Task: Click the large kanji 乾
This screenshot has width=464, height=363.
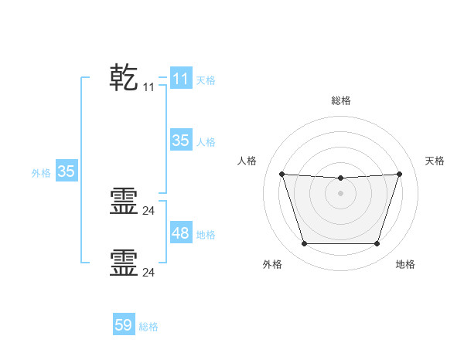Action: [x=124, y=78]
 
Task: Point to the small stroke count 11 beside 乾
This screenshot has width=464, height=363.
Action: [x=148, y=88]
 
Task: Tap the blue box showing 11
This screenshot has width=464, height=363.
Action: [x=180, y=79]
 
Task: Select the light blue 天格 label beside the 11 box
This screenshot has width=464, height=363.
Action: [x=206, y=80]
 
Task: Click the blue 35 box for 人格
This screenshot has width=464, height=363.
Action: [x=180, y=141]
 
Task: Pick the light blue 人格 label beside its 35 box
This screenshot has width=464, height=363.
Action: [x=206, y=141]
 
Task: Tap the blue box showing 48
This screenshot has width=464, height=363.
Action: [x=180, y=233]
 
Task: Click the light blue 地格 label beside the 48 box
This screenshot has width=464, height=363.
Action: [x=206, y=234]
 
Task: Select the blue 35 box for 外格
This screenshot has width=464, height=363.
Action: [x=66, y=171]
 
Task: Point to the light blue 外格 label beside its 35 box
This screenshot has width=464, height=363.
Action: [x=41, y=173]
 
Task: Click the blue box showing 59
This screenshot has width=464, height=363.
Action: [x=124, y=325]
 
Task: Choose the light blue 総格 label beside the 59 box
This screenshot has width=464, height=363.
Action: [x=149, y=327]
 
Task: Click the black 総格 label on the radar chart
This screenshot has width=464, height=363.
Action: [x=340, y=100]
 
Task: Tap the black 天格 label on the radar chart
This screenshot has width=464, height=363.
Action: [x=435, y=161]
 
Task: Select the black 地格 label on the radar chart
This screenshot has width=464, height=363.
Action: [x=405, y=264]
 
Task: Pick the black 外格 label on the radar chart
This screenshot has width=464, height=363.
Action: [x=272, y=264]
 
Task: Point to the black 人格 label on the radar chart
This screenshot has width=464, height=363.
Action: [x=247, y=161]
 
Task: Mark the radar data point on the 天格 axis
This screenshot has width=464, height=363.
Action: [x=400, y=174]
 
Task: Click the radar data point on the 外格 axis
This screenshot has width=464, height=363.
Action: [x=304, y=244]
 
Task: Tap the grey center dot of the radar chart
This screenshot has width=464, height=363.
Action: [x=340, y=193]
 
